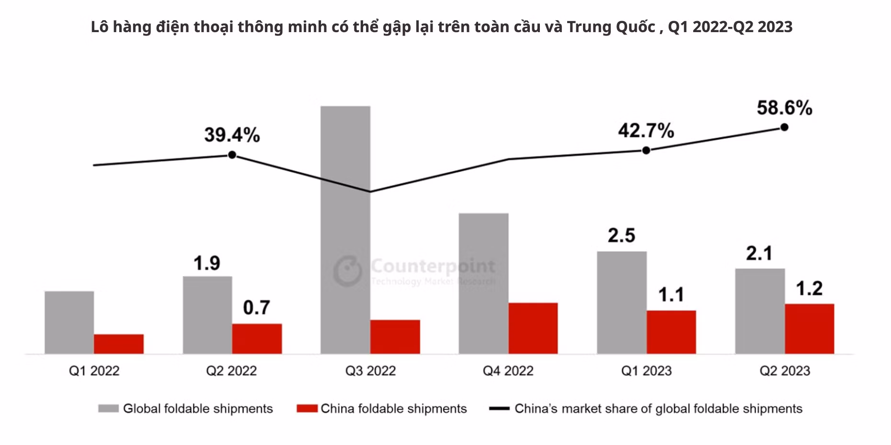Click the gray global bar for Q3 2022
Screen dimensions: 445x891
(x=345, y=230)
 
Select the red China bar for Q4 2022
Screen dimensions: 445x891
(x=533, y=328)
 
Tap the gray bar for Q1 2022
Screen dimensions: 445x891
(x=69, y=322)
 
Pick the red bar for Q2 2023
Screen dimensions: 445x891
(x=809, y=329)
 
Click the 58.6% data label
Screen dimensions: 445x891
(x=784, y=108)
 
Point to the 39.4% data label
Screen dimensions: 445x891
(x=232, y=135)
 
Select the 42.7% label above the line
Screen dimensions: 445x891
(x=646, y=130)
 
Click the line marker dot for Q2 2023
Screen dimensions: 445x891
(x=784, y=127)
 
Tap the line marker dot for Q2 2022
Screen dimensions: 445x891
(x=232, y=155)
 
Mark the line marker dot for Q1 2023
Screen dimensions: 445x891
(x=646, y=150)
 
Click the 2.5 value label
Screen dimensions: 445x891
(x=621, y=235)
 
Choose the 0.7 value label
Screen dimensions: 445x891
(x=256, y=307)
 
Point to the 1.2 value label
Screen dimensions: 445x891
(x=809, y=288)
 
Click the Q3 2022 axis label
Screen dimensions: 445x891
(x=370, y=371)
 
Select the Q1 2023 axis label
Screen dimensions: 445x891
(x=646, y=371)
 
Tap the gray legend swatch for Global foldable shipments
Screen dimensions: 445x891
(x=108, y=409)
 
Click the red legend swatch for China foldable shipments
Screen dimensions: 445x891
(x=307, y=409)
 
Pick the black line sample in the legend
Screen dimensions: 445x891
(x=499, y=409)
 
